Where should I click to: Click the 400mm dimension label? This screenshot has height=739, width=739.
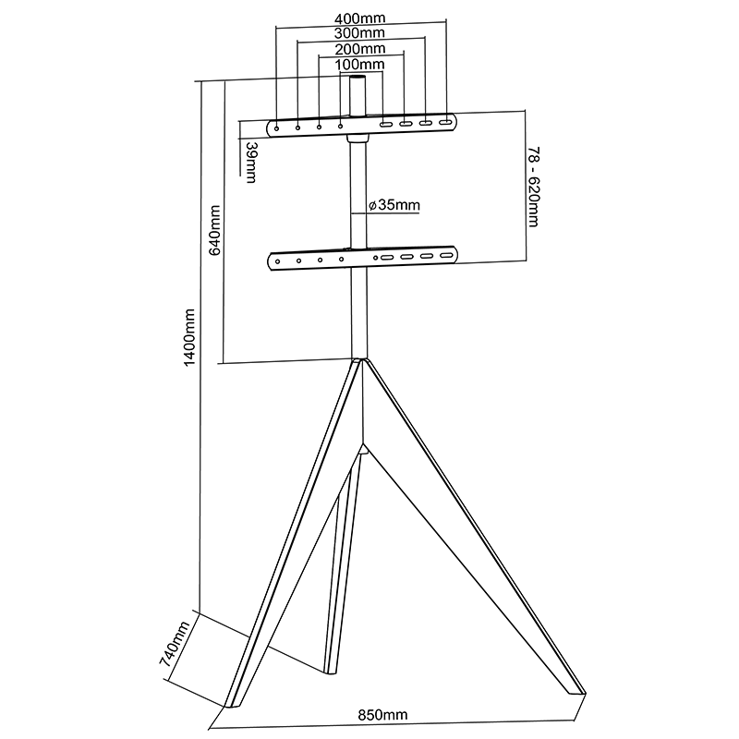click(360, 18)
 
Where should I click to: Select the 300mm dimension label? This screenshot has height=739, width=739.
click(360, 33)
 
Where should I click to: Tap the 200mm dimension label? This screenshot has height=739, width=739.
click(360, 49)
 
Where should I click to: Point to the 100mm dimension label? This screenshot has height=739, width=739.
click(360, 65)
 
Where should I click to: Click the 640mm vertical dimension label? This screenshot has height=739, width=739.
click(214, 232)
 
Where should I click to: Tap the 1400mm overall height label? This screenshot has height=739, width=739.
click(189, 338)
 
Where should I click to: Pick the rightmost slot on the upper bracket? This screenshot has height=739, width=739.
click(445, 123)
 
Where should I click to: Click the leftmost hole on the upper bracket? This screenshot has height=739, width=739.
click(276, 126)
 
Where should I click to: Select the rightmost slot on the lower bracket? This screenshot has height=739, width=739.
click(447, 257)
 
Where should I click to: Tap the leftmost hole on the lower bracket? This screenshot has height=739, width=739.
click(277, 260)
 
